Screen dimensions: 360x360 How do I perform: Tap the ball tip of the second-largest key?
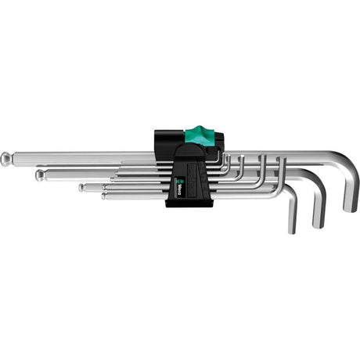point(39,175)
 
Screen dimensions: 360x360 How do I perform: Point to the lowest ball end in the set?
point(104,196)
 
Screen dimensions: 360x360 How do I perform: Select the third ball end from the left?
point(81,187)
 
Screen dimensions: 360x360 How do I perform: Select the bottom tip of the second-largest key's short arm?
point(318,224)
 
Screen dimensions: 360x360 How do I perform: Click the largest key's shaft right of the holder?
point(282,154)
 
